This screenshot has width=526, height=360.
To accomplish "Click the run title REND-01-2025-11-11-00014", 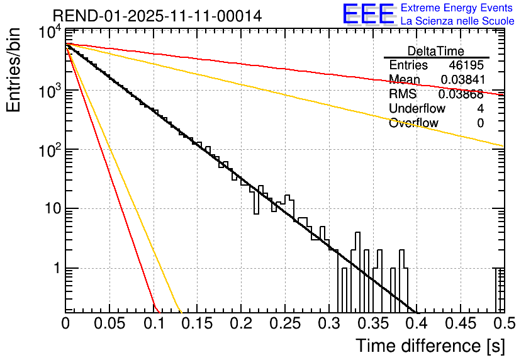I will pos(157,16).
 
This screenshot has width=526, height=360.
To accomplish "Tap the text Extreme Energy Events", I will pos(457,8).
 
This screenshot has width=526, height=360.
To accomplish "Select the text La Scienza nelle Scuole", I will pos(457,21).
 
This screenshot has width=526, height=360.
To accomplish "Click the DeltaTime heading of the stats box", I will pos(436,51).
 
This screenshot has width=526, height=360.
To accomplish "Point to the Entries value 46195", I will pos(466,65).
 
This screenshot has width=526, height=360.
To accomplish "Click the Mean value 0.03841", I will pos(462,80).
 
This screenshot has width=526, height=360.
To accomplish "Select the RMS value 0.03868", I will pos(461,94).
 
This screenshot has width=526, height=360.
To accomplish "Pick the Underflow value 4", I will pos(480,109).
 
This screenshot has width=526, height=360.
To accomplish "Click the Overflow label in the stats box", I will pos(413,123).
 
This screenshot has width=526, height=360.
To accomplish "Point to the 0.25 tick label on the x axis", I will pos(284,323).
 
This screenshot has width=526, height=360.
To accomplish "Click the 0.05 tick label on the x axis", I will pos(109,323).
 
